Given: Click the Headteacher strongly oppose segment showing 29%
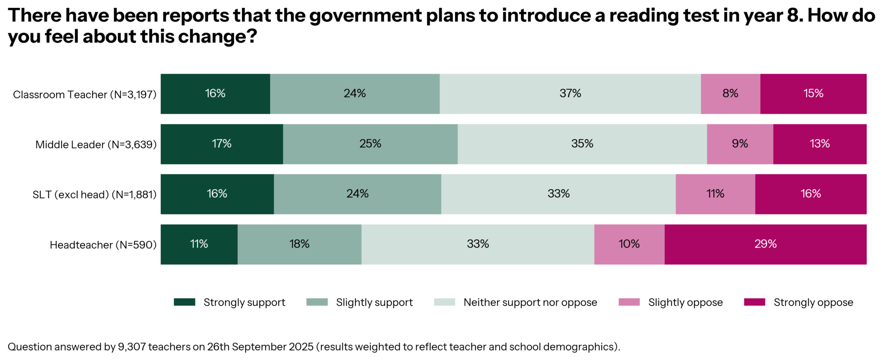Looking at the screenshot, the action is (x=765, y=244).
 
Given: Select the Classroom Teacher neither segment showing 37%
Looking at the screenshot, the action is (x=570, y=94).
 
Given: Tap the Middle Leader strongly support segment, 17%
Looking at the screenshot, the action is (x=222, y=144).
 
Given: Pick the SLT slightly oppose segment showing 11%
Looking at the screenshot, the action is (x=715, y=194).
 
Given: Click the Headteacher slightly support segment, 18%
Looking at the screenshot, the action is (x=299, y=244).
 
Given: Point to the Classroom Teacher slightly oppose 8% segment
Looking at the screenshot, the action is (x=730, y=94).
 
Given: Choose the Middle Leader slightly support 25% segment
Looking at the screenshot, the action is (x=370, y=144).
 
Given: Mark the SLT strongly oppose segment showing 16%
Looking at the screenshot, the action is (x=811, y=194).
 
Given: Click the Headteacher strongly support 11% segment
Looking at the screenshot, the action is (x=199, y=244).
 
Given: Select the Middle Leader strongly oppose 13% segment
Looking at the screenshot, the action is (x=820, y=144).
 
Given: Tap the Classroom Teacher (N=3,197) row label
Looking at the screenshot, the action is (x=85, y=95).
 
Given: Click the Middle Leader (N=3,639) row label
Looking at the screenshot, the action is (x=96, y=145).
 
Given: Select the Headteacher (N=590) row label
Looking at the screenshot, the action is (x=103, y=245).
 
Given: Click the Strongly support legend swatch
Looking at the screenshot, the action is (x=185, y=302).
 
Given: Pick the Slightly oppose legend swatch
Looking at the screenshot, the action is (x=629, y=302).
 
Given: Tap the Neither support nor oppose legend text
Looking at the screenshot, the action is (x=530, y=303).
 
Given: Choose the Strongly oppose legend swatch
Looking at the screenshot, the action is (x=755, y=302).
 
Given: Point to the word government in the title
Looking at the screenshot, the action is (x=365, y=16).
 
